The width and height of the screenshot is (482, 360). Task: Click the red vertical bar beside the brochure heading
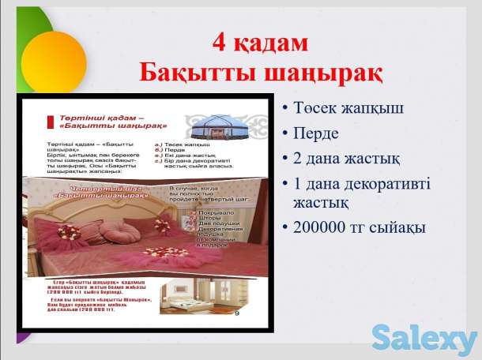click(49, 121)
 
